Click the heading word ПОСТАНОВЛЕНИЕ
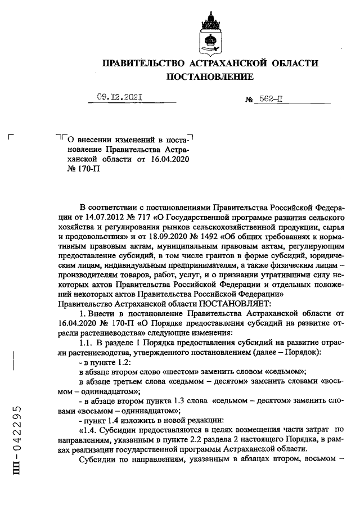click(209, 76)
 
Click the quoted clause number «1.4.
click(89, 430)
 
